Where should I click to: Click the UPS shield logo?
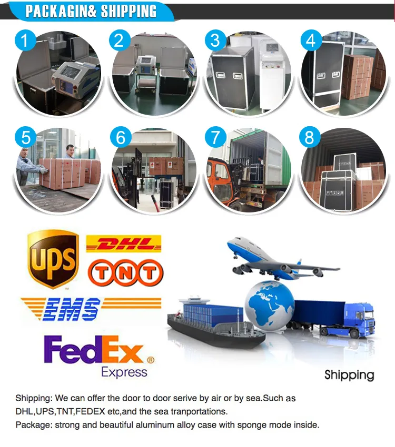coord(53,259)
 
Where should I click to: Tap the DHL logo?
coord(124,243)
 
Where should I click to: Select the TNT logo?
coord(125,273)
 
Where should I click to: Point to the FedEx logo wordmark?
coord(93,349)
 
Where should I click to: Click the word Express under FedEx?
coord(124,372)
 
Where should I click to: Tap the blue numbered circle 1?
coord(25,40)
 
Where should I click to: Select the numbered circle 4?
coord(311,40)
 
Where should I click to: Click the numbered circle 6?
coord(121,137)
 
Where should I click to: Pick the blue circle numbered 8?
coord(310,137)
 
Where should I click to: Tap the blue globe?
coord(270,306)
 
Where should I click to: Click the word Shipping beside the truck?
coord(349,375)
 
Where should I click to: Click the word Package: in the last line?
coord(34,425)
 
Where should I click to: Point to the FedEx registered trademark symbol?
coord(151,360)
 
